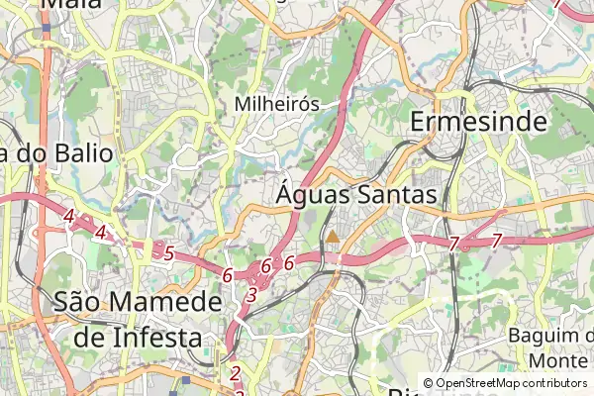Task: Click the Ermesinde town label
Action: pyautogui.click(x=478, y=121)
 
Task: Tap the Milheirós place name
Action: pyautogui.click(x=277, y=104)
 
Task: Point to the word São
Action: pyautogui.click(x=83, y=302)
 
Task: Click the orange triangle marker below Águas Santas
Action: pyautogui.click(x=333, y=237)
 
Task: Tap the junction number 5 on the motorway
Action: pyautogui.click(x=169, y=253)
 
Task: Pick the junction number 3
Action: pyautogui.click(x=251, y=294)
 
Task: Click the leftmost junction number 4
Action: pyautogui.click(x=68, y=216)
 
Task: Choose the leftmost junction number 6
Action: pyautogui.click(x=228, y=275)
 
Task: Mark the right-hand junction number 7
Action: pyautogui.click(x=497, y=241)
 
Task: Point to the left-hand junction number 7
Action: pyautogui.click(x=453, y=243)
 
